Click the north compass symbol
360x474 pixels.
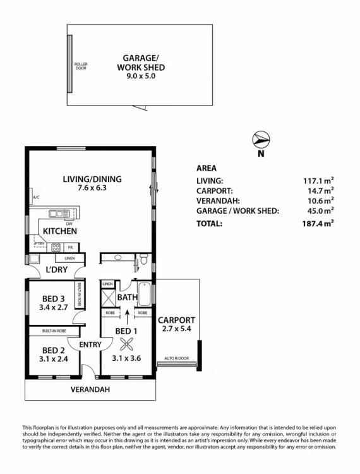pos(260,139)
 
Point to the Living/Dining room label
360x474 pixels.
pos(92,179)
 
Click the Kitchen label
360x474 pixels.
pos(60,231)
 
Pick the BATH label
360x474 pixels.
pos(127,296)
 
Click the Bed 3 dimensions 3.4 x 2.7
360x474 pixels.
pos(52,309)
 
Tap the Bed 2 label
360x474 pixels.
pos(54,351)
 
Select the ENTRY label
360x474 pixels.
pos(90,344)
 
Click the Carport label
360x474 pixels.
pos(176,320)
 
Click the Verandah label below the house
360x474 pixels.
pos(90,390)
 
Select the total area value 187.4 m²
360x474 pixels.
pos(318,223)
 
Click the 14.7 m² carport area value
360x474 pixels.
pos(320,190)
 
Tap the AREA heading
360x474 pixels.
pos(207,168)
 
